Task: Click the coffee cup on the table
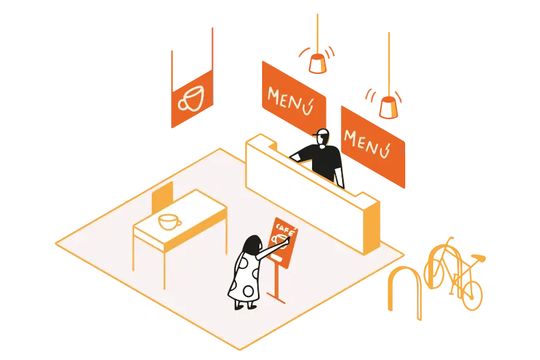[168, 222]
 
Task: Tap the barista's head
[323, 138]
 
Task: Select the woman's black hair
[252, 244]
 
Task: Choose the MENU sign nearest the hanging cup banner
[292, 97]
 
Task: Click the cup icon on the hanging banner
[191, 99]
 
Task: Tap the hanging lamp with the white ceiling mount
[317, 63]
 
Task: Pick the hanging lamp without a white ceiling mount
[388, 107]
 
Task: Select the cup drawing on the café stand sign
[279, 239]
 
